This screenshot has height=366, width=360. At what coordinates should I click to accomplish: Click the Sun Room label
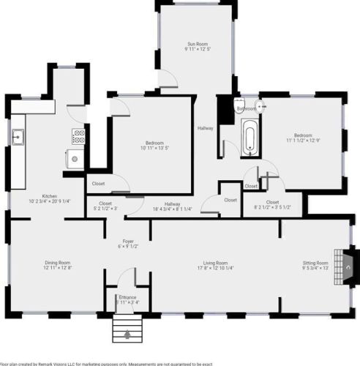[197, 45]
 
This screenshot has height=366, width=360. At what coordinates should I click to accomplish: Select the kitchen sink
[18, 137]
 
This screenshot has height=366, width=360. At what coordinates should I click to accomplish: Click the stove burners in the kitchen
[78, 135]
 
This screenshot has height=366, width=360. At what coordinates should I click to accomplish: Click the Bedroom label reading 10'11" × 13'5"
[154, 144]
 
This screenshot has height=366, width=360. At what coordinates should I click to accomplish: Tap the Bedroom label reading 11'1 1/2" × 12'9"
[304, 138]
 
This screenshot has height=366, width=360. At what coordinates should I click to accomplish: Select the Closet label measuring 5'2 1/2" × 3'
[105, 206]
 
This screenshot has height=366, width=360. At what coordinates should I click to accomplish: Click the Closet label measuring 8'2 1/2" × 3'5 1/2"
[272, 204]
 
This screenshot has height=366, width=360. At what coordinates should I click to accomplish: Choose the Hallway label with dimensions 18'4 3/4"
[172, 206]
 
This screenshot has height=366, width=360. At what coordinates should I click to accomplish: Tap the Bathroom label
[246, 109]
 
